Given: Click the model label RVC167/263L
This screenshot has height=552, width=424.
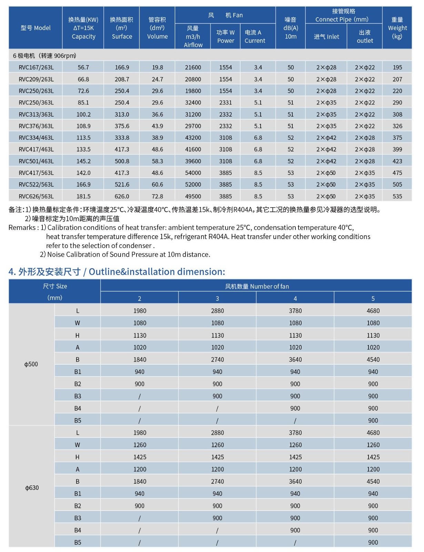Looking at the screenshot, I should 36,67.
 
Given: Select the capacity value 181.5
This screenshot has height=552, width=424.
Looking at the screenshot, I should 83,196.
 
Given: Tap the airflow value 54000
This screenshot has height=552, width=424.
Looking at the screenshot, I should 193,173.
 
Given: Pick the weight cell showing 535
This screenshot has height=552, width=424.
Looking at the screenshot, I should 397,196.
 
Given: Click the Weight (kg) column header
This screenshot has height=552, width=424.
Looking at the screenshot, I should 397,28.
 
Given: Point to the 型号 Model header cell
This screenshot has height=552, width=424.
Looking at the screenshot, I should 36,28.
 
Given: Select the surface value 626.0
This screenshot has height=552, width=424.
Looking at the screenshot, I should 122,196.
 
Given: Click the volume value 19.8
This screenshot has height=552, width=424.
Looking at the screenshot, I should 158,67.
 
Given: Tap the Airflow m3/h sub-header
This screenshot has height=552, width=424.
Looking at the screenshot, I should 193,37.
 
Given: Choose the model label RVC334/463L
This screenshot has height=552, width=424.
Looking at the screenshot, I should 36,138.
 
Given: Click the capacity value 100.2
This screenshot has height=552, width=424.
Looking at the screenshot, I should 83,114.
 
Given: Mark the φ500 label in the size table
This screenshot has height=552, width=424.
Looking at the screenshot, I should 31,364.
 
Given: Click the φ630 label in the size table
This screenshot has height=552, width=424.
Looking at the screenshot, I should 32,488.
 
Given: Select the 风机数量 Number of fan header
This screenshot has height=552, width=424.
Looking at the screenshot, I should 257,286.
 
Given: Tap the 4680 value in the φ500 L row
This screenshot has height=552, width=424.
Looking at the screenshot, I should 373,311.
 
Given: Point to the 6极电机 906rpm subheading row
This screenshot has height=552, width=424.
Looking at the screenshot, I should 44,56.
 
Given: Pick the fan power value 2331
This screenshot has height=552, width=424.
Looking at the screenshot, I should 225,102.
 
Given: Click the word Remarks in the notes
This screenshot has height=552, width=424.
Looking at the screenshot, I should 22,228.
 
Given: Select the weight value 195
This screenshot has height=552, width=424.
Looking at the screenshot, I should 397,67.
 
